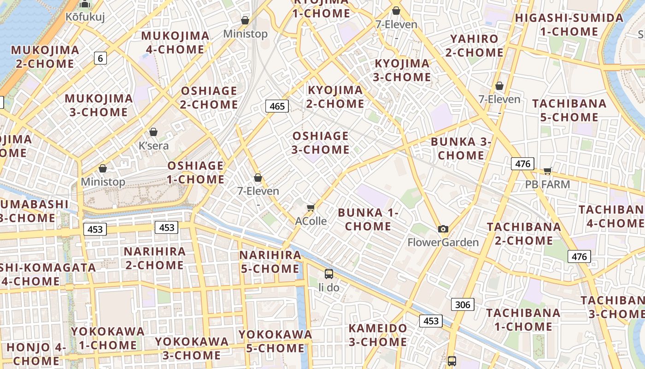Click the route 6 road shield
[x=100, y=58]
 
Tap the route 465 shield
[x=277, y=106]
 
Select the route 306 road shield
[x=462, y=304]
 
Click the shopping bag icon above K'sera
[x=153, y=132]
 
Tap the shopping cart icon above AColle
[x=311, y=208]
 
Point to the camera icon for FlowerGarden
[x=443, y=229]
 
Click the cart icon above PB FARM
[x=547, y=171]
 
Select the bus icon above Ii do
[x=329, y=274]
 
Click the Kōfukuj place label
[x=85, y=17]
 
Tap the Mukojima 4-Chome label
[x=175, y=42]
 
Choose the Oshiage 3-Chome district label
[x=320, y=143]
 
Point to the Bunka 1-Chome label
[x=368, y=219]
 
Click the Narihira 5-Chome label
[x=270, y=262]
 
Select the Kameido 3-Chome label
[x=378, y=335]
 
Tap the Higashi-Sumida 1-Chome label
[x=569, y=25]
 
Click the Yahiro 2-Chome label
[x=474, y=45]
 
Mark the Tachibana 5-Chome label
[x=569, y=110]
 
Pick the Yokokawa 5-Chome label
[x=275, y=341]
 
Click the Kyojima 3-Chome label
[x=402, y=70]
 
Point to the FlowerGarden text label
[x=443, y=242]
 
